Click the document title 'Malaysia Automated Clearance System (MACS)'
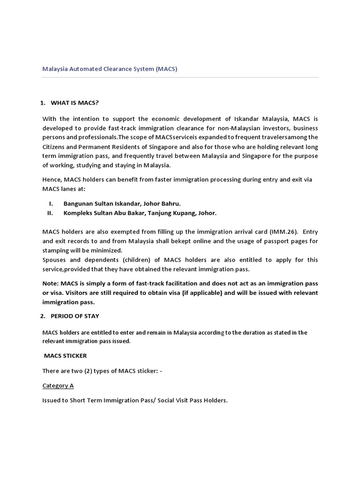(110, 69)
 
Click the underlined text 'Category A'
(58, 385)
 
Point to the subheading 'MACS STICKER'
(65, 356)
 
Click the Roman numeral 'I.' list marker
(50, 203)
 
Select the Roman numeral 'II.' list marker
(50, 213)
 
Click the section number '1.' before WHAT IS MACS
(43, 103)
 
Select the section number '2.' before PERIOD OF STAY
(43, 315)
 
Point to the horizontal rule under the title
(180, 77)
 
